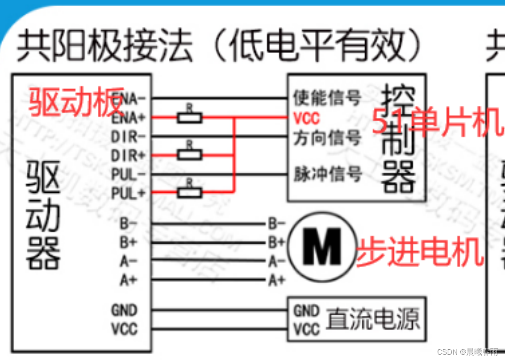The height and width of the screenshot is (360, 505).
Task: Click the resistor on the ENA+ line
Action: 190,118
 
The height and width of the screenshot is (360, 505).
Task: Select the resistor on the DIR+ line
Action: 190,155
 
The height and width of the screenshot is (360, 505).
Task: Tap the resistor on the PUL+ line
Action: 190,193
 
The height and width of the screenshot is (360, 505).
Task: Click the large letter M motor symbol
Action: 321,246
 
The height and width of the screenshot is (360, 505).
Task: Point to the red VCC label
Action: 307,118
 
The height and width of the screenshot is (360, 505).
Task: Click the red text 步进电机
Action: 420,252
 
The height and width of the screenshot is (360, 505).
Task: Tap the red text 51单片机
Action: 435,123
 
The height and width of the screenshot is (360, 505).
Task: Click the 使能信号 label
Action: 327,98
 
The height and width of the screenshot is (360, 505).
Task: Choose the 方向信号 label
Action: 327,137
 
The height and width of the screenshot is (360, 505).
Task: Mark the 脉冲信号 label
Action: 327,174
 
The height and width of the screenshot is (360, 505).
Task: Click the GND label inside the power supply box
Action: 307,310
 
